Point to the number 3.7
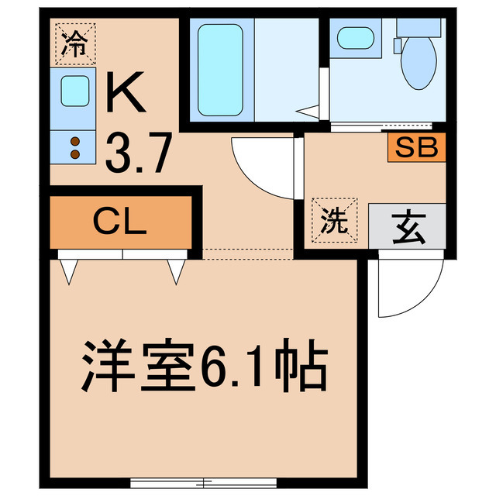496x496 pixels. (138, 155)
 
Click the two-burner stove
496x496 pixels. (74, 147)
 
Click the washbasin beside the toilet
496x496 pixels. (356, 38)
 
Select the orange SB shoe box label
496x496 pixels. (417, 147)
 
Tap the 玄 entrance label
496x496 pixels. (406, 225)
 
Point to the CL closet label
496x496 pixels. (120, 223)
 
